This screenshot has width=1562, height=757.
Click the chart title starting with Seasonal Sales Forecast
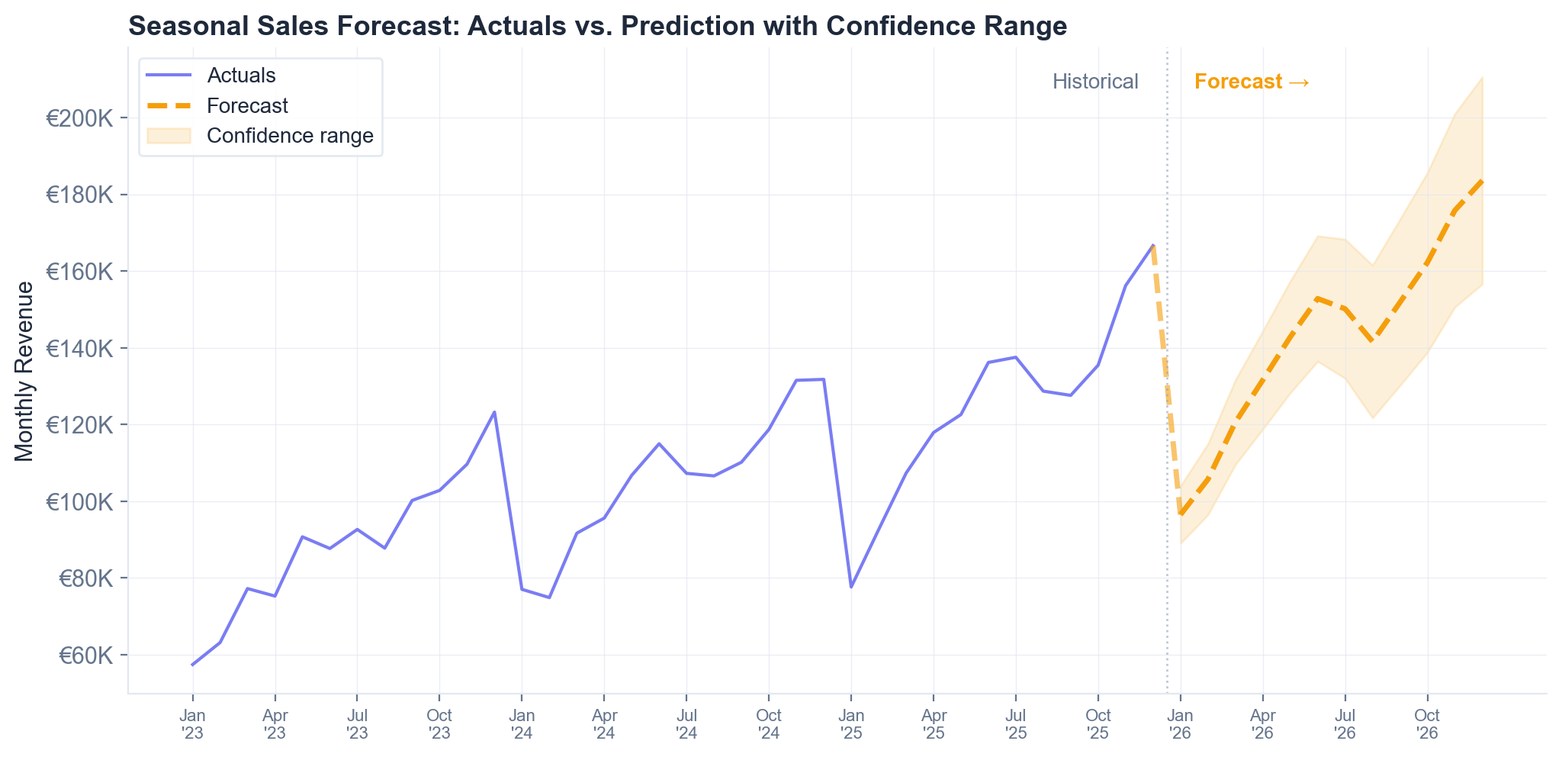tap(597, 26)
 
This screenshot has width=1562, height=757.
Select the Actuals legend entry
tap(241, 76)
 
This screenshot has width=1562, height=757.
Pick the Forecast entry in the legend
tap(247, 105)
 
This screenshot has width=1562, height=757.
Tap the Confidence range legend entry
tap(290, 136)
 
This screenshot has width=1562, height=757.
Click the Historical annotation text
tap(1095, 82)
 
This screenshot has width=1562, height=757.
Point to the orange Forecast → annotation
tap(1252, 82)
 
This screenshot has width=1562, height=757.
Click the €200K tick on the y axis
tap(80, 118)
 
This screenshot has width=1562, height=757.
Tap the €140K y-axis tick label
tap(80, 349)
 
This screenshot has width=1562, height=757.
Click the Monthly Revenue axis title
tap(24, 371)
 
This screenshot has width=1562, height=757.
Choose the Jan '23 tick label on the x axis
tap(192, 724)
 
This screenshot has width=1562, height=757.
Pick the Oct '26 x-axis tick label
tap(1427, 724)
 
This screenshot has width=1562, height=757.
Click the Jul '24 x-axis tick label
tap(686, 724)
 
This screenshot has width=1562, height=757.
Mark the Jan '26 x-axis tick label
tap(1180, 724)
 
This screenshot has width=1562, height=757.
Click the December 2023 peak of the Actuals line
tap(494, 412)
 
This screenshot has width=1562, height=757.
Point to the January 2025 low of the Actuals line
tap(851, 587)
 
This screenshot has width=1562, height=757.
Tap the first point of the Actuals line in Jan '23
tap(192, 665)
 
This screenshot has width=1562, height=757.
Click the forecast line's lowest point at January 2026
tap(1180, 514)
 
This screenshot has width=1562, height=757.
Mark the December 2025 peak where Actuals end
tap(1152, 245)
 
